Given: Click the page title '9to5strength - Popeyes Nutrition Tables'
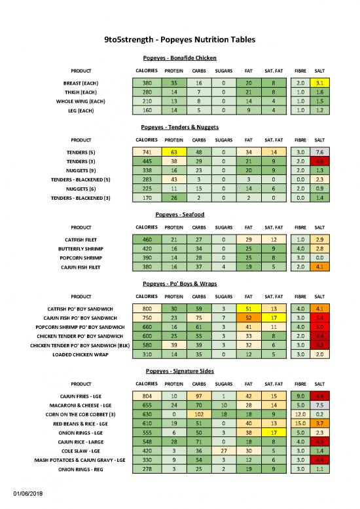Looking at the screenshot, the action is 179,41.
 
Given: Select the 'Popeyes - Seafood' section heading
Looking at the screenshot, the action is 179,214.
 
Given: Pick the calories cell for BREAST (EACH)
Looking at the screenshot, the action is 147,83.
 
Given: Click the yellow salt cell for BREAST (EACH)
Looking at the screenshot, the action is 319,83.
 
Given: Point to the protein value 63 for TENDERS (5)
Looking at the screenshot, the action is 173,152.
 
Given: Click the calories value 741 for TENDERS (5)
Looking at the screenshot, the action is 147,152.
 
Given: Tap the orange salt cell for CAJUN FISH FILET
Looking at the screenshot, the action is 319,267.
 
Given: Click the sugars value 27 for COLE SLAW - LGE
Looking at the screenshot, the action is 223,451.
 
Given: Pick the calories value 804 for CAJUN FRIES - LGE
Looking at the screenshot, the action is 147,396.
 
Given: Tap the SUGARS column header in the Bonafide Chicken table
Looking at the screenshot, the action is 223,70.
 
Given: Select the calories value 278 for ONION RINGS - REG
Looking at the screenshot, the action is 147,470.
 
